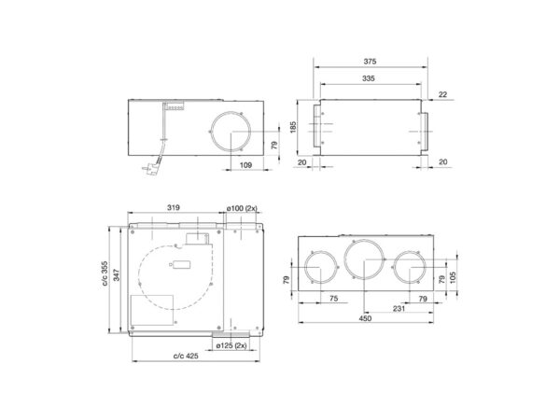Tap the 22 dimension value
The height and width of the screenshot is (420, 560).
[x=443, y=94]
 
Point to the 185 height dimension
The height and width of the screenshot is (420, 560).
[x=292, y=127]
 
